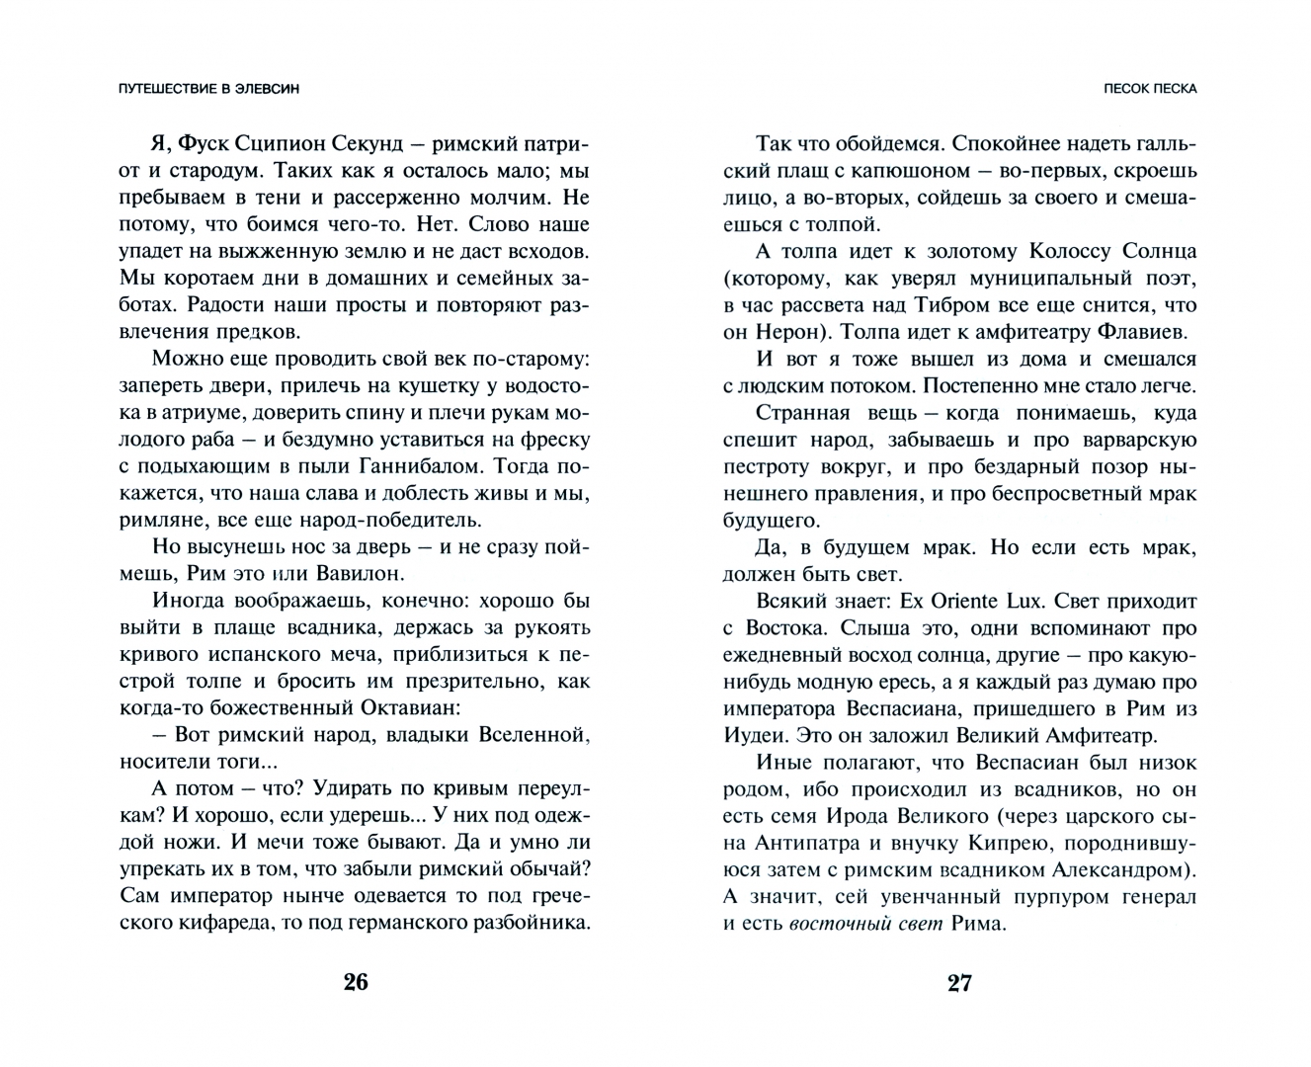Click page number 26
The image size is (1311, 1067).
pos(356,982)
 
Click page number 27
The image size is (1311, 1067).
pos(959,982)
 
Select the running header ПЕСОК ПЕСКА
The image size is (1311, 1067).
pos(1150,89)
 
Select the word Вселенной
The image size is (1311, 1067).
pos(533,734)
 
